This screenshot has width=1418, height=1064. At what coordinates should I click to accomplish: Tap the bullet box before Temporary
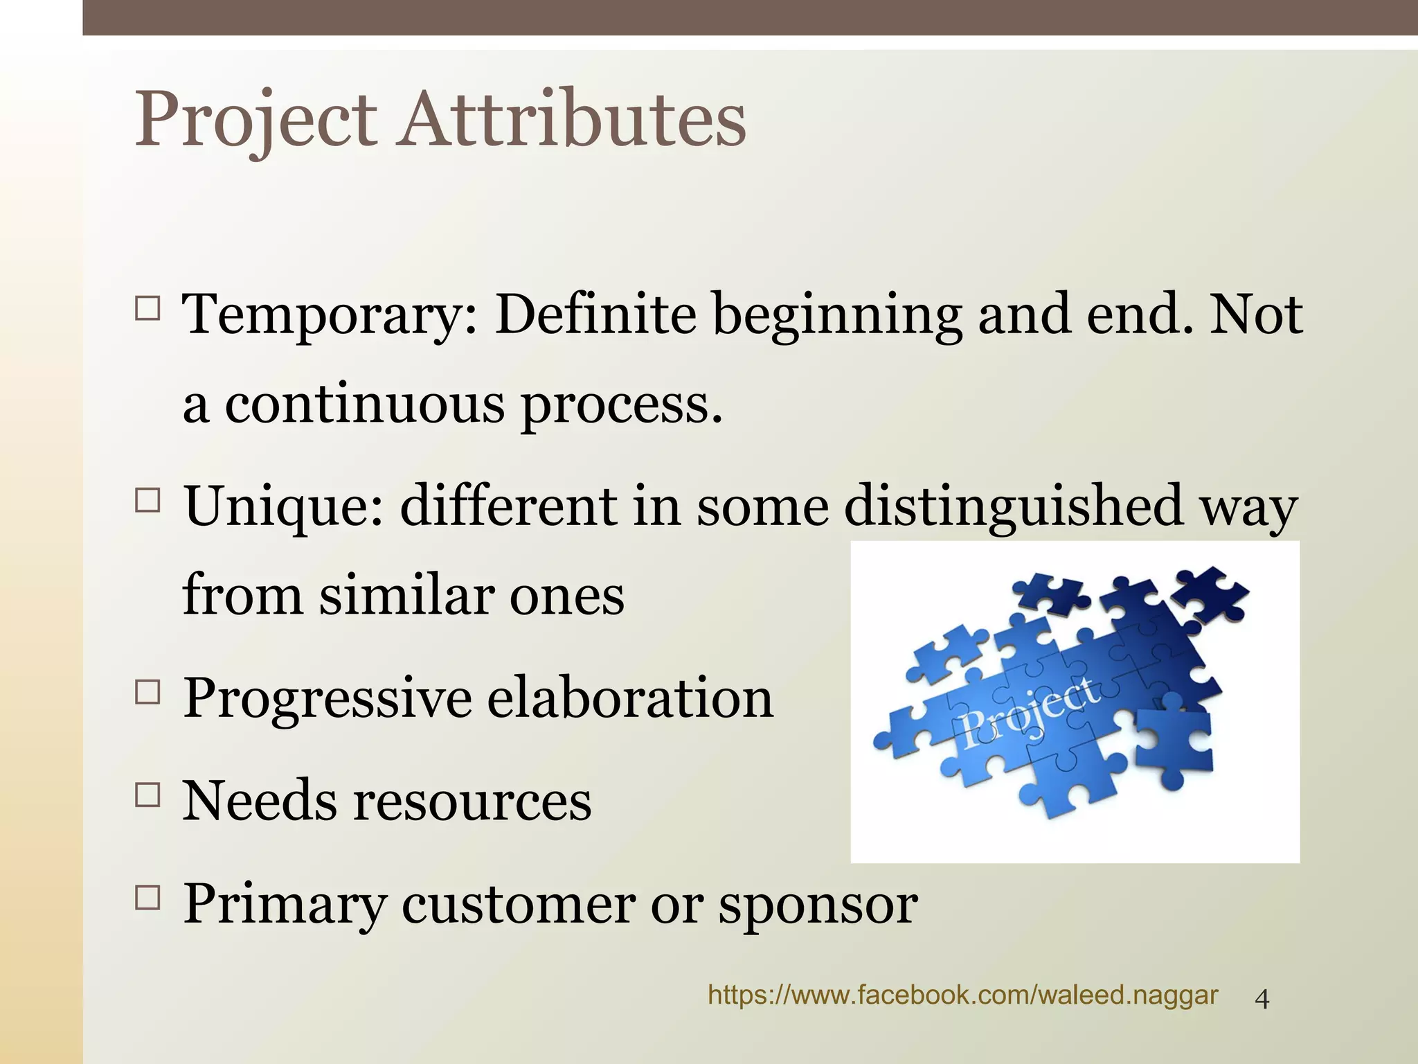(147, 308)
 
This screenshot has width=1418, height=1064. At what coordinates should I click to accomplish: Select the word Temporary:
(330, 316)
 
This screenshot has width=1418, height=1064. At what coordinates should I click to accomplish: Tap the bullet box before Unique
(147, 499)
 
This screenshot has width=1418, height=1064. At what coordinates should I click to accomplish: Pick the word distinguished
(1013, 506)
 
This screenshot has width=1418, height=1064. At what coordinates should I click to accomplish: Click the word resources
(473, 801)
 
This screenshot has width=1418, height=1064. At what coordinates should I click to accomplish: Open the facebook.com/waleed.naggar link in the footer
(962, 995)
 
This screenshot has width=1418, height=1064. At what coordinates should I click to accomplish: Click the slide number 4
(1262, 1000)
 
